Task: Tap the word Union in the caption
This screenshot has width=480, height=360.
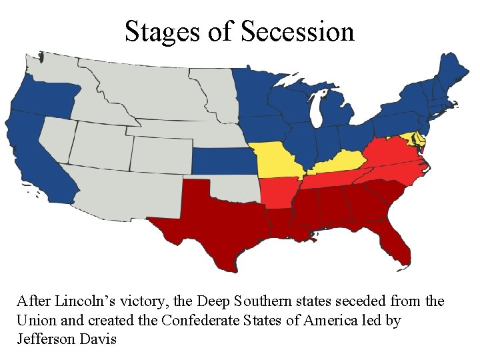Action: pyautogui.click(x=35, y=320)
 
